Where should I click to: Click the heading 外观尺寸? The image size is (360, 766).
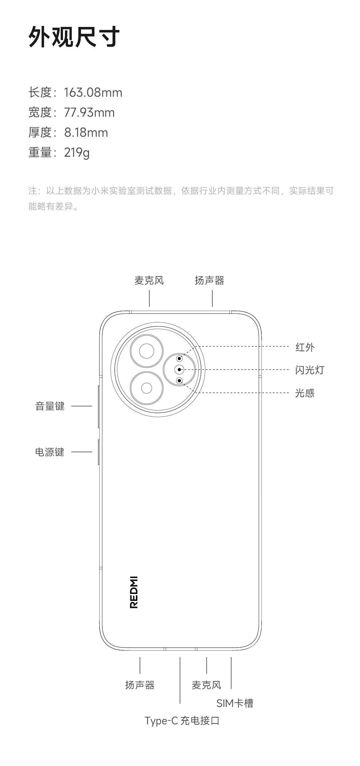[x=74, y=37]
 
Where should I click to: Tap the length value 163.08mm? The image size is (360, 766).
[x=93, y=92]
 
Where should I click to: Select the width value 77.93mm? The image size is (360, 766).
[x=89, y=112]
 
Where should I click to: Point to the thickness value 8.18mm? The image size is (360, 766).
[x=86, y=132]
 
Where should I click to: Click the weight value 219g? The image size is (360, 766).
[x=77, y=152]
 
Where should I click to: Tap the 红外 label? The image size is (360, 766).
[x=305, y=347]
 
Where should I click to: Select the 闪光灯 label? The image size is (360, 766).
[x=309, y=370]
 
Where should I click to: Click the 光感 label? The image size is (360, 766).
[x=305, y=393]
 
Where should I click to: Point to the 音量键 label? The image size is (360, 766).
[x=50, y=406]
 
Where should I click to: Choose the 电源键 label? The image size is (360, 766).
[x=50, y=452]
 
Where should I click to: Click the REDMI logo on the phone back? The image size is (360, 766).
[x=134, y=592]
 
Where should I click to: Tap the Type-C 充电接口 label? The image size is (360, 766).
[x=182, y=721]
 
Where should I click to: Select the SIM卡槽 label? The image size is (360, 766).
[x=235, y=703]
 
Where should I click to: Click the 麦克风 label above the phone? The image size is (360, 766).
[x=149, y=280]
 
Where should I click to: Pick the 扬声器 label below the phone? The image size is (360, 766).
[x=140, y=685]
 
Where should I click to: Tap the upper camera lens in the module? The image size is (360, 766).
[x=147, y=351]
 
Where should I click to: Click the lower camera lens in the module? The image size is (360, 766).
[x=147, y=388]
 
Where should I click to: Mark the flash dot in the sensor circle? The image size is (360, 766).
[x=179, y=369]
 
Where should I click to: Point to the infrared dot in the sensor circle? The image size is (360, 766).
[x=179, y=358]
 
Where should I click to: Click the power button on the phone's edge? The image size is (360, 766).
[x=99, y=452]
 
